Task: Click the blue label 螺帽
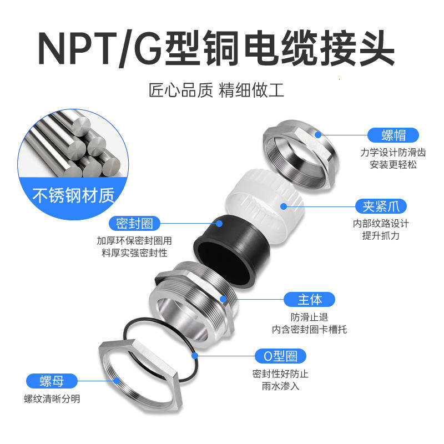(393, 135)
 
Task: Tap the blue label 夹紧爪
(381, 206)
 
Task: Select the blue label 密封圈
(134, 224)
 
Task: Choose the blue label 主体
(310, 299)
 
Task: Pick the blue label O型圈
(281, 356)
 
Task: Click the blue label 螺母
(52, 381)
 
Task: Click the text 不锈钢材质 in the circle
(74, 195)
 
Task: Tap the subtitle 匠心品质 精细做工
(216, 90)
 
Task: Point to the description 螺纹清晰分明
(52, 398)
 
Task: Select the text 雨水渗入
(280, 386)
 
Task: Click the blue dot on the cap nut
(318, 135)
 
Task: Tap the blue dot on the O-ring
(195, 356)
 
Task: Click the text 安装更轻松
(393, 164)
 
